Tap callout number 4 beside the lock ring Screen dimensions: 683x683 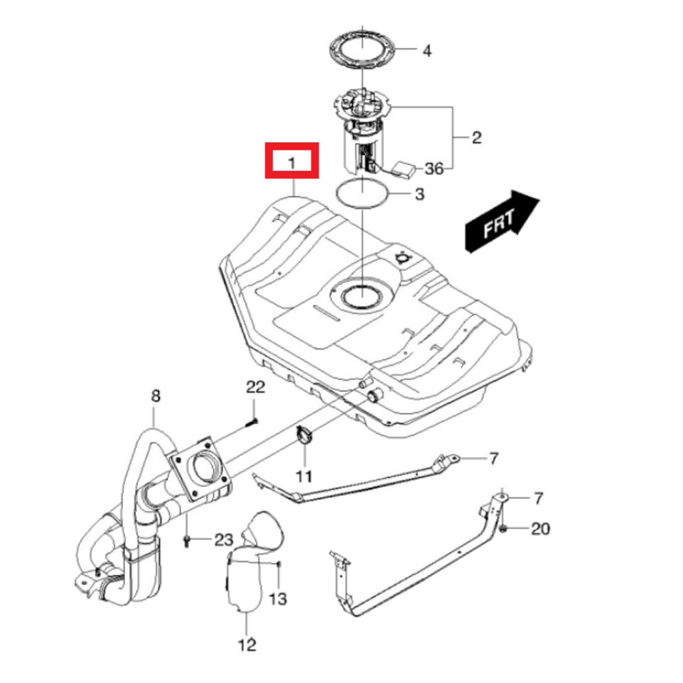[x=427, y=51]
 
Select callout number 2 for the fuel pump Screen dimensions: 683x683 [x=476, y=138]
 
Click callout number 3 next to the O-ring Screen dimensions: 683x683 [x=418, y=195]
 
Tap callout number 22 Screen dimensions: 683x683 [x=255, y=388]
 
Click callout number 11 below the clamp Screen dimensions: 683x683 [x=303, y=475]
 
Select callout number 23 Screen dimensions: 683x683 [x=223, y=540]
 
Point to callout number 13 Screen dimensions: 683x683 [x=278, y=599]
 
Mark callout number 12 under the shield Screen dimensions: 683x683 [x=247, y=643]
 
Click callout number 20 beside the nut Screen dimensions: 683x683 [x=540, y=529]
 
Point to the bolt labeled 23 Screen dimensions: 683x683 [x=186, y=540]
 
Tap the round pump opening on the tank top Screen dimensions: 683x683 [x=360, y=295]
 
